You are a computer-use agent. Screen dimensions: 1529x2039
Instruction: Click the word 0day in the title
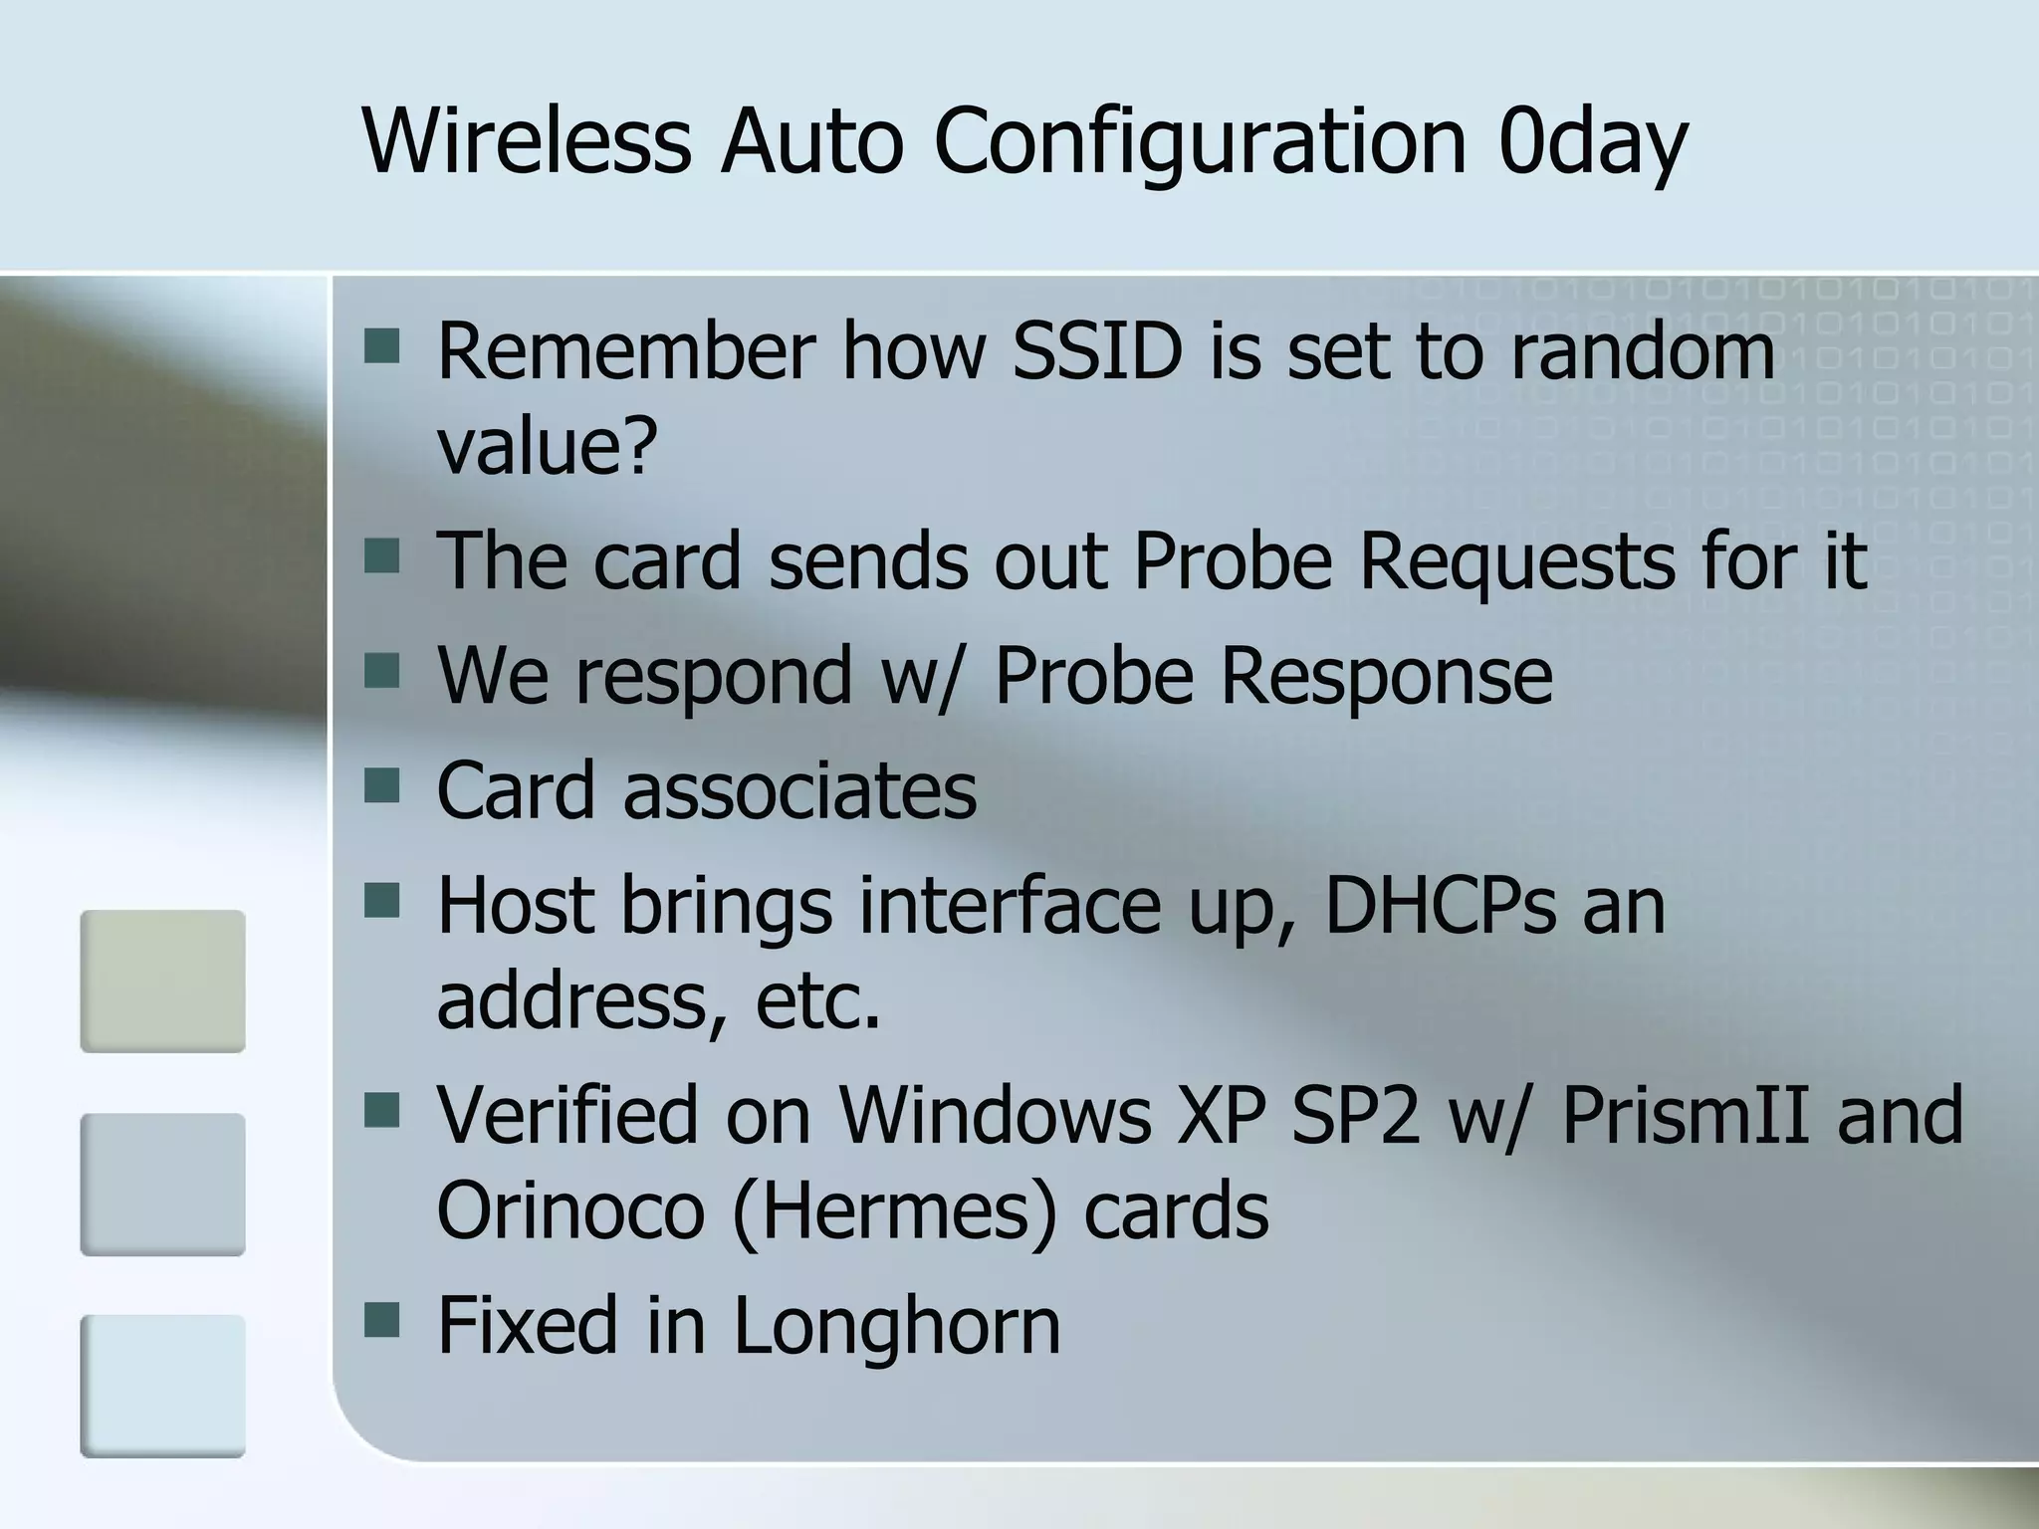click(x=1592, y=141)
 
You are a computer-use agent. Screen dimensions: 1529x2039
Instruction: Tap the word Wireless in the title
click(x=527, y=141)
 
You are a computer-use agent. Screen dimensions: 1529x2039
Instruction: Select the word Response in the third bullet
click(x=1386, y=677)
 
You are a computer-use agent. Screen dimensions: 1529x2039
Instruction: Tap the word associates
click(x=799, y=790)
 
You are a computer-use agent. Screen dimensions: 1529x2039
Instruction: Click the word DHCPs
click(x=1440, y=906)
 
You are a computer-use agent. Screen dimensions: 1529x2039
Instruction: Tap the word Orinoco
click(x=570, y=1210)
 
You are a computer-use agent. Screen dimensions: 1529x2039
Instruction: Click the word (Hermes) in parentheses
click(x=894, y=1212)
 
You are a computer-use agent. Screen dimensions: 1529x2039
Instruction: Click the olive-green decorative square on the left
click(x=162, y=981)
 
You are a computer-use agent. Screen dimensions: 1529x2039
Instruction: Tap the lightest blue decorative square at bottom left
click(x=162, y=1386)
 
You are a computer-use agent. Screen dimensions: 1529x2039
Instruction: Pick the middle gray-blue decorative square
click(x=162, y=1184)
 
